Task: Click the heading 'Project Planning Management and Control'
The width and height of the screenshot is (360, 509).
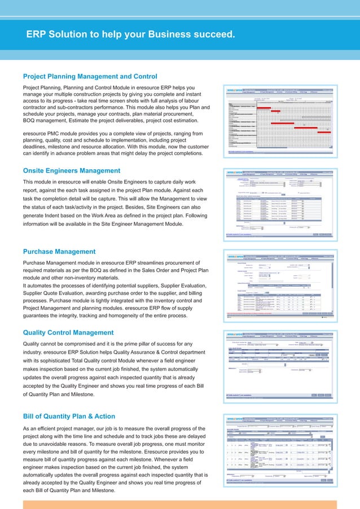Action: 90,76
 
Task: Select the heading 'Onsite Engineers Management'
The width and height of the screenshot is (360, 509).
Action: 71,170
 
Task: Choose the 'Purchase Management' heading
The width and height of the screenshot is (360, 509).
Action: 59,252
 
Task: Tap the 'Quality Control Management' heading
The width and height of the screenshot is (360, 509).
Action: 68,332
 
